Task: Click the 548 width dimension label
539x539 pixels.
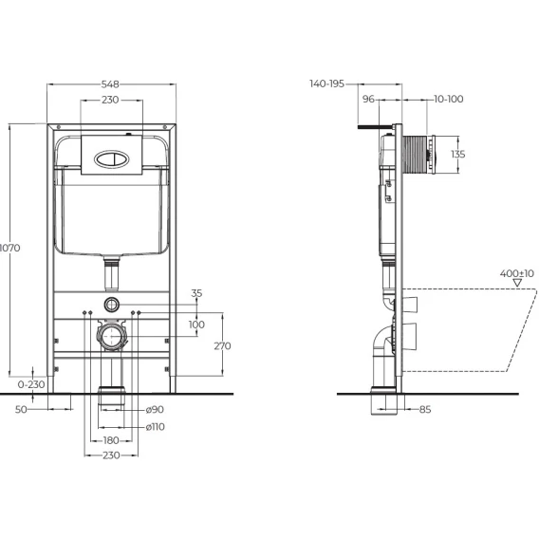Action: click(110, 84)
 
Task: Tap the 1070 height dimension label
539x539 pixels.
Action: click(10, 248)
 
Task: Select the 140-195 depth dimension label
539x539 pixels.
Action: click(326, 84)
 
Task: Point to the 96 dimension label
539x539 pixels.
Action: click(368, 99)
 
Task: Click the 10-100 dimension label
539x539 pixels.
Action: click(449, 99)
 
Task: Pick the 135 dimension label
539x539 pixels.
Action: click(458, 154)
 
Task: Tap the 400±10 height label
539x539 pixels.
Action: click(517, 273)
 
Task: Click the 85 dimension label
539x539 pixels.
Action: click(425, 409)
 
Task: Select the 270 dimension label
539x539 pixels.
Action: click(222, 345)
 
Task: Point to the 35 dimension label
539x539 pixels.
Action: click(196, 293)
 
